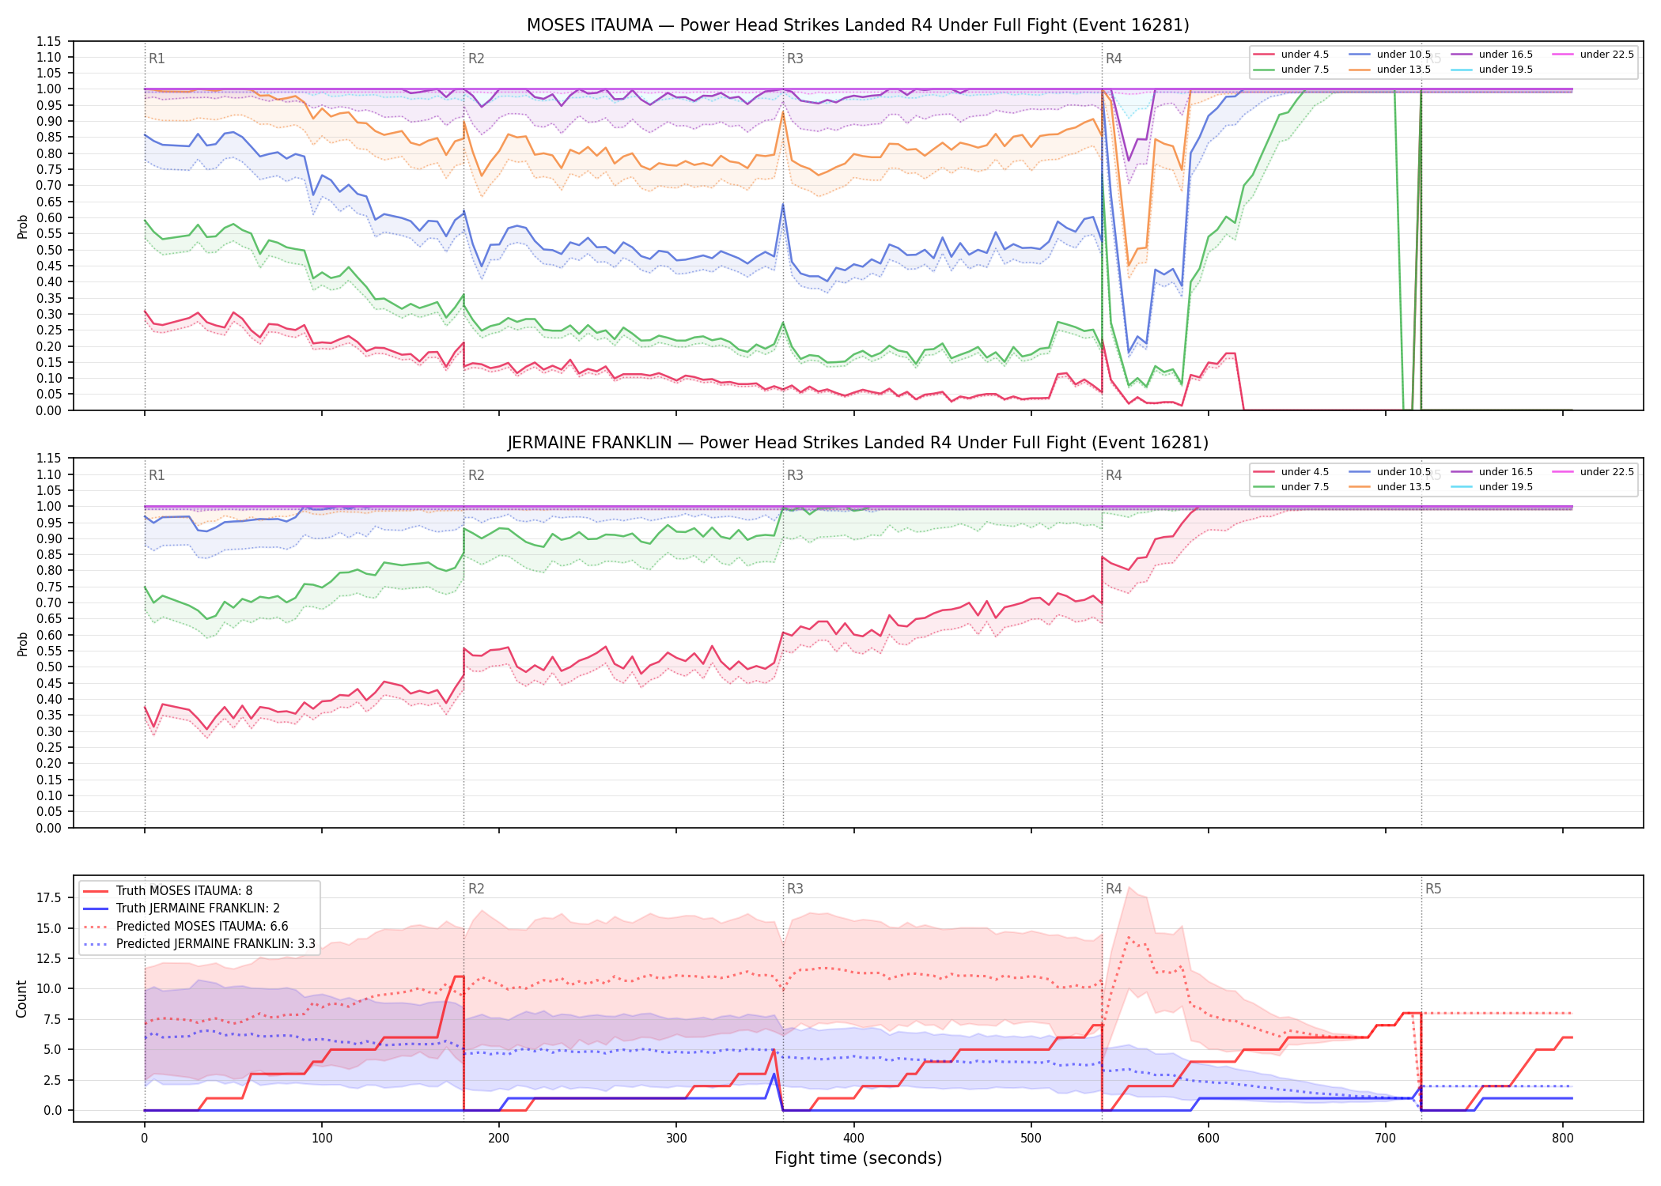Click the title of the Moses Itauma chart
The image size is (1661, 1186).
coord(857,25)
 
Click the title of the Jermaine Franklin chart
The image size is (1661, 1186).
coord(857,443)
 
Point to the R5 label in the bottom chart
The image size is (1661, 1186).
coord(1433,889)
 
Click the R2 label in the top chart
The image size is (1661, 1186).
coord(476,59)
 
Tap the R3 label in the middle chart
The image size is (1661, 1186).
coord(795,475)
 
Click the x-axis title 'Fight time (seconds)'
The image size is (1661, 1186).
coord(858,1158)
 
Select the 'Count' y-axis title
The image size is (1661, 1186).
coord(21,999)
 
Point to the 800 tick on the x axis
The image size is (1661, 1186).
coord(1563,1139)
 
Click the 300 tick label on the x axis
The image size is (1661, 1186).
coord(676,1139)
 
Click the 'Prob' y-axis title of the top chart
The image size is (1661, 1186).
coord(22,226)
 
